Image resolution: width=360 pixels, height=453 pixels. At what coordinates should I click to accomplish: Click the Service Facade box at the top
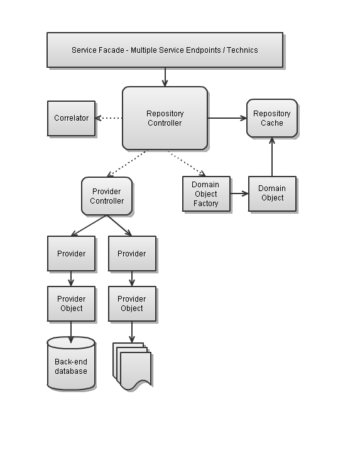coord(165,50)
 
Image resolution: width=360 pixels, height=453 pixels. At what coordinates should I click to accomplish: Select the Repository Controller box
coord(165,118)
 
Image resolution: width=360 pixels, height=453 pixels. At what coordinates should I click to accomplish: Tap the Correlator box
coord(72,118)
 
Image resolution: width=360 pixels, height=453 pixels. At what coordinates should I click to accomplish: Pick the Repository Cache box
coord(271,118)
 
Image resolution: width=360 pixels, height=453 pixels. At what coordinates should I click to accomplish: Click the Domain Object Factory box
coord(206,194)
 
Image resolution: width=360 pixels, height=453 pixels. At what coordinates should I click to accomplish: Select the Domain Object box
coord(271,194)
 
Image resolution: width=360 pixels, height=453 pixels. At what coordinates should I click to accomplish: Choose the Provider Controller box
coord(107,195)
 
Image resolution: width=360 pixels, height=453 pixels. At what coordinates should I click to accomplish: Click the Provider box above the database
coord(71,254)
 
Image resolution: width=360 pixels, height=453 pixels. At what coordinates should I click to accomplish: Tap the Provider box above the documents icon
coord(132,254)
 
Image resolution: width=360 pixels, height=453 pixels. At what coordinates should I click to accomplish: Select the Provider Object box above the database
coord(71,303)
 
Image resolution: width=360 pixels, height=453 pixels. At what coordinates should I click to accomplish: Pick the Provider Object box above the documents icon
coord(132,303)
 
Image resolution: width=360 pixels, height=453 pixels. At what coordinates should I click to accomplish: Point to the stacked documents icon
coord(133,366)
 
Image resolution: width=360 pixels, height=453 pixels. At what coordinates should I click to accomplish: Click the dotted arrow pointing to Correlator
coord(109,118)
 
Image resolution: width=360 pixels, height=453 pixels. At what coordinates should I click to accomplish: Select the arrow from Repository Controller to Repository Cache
coord(227,118)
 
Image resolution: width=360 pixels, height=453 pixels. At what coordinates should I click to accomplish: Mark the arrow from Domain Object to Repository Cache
coord(272,156)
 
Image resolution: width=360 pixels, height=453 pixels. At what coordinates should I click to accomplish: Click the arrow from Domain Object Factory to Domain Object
coord(239,194)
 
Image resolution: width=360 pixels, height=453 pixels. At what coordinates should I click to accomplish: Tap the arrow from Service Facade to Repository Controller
coord(165,77)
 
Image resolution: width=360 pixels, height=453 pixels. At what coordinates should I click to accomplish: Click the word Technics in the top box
coord(242,50)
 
